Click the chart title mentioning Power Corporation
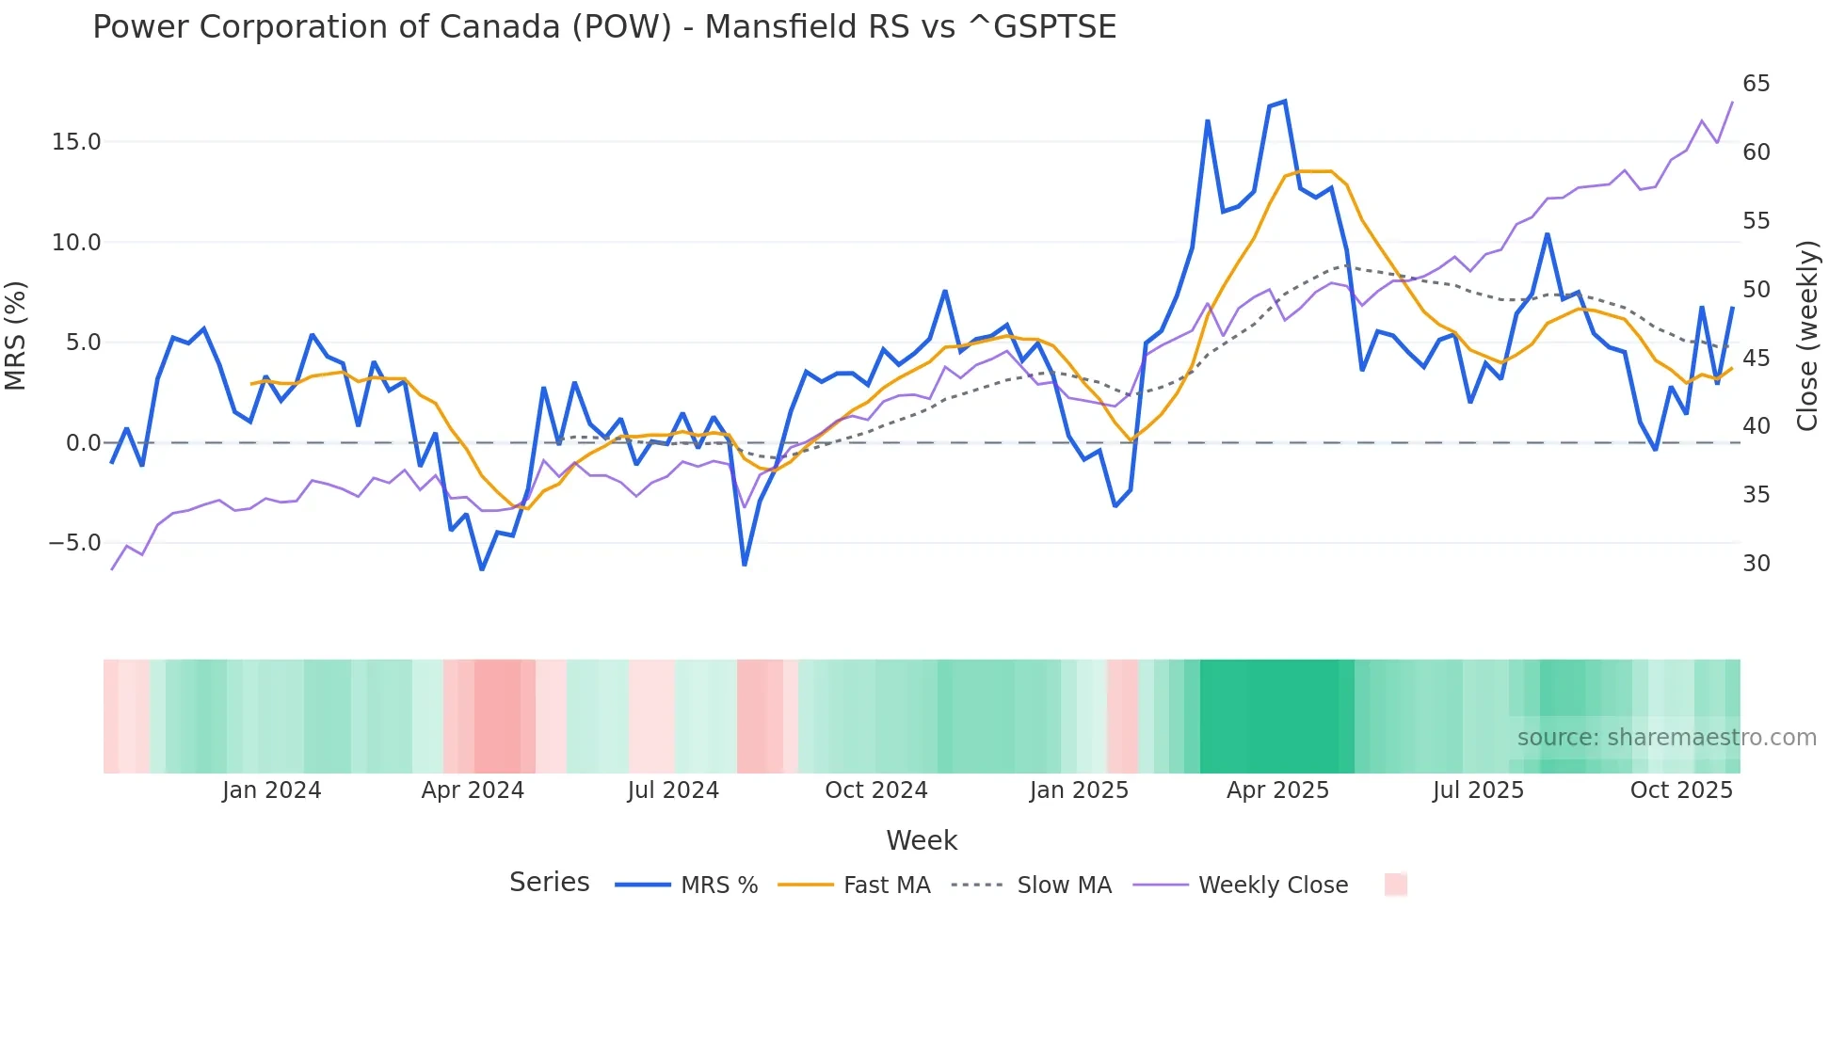[x=603, y=27]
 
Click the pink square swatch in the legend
[x=1395, y=885]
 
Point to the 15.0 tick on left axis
[x=76, y=142]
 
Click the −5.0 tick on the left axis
[x=74, y=543]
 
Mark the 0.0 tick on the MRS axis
[x=83, y=443]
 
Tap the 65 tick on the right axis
[x=1756, y=84]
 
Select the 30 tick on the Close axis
[x=1756, y=564]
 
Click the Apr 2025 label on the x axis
[x=1277, y=790]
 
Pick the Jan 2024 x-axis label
[x=271, y=790]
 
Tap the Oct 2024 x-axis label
[x=875, y=790]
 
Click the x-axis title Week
[x=921, y=840]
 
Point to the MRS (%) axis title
[x=16, y=335]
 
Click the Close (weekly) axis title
[x=1806, y=335]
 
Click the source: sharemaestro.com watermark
[x=1666, y=738]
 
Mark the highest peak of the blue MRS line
[x=1285, y=102]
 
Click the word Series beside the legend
[x=549, y=883]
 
